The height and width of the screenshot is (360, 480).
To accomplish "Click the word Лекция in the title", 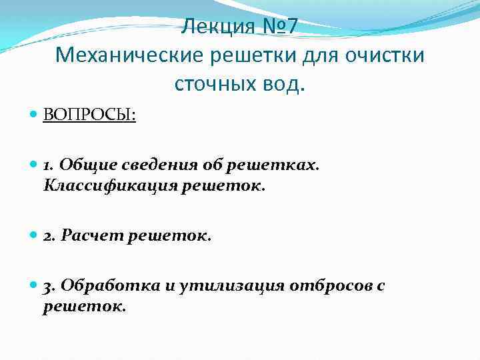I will (213, 27).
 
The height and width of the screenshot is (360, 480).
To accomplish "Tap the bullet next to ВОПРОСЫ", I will (34, 115).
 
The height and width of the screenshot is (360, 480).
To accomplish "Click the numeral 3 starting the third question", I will (48, 287).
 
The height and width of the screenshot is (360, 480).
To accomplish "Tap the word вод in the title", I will (285, 84).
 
